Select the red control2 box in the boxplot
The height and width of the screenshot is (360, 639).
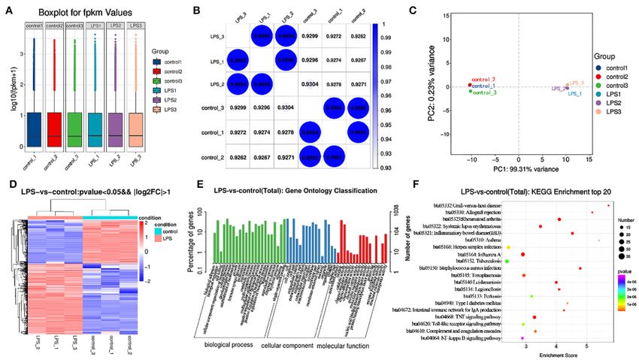[54, 129]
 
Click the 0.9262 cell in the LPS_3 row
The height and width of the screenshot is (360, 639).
[358, 35]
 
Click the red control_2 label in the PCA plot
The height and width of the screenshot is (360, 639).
[483, 79]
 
